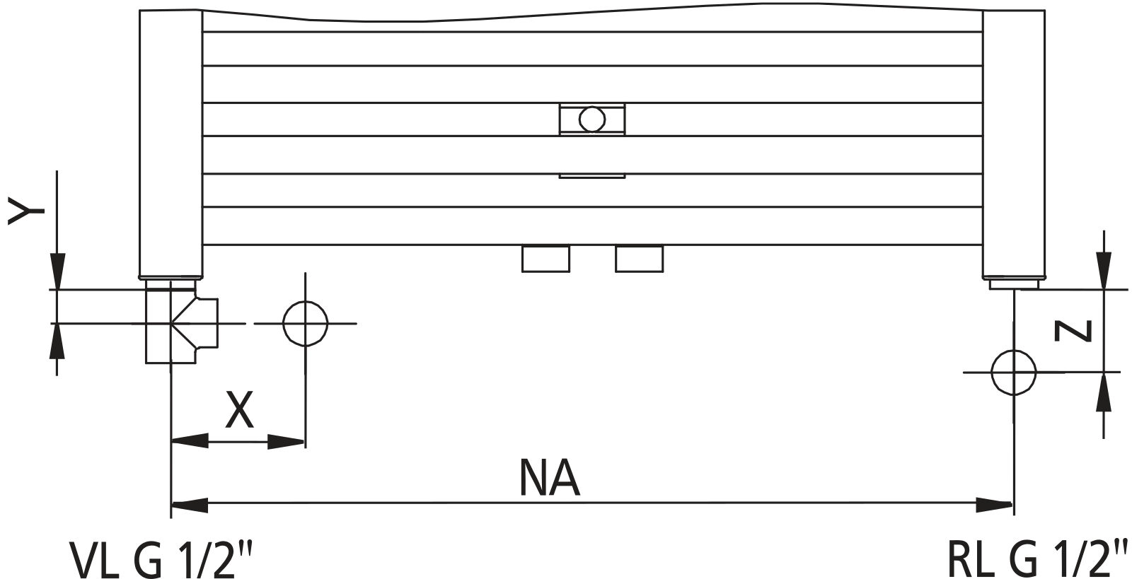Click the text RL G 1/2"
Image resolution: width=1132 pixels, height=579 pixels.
[1036, 559]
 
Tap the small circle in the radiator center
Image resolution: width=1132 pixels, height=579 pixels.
[591, 119]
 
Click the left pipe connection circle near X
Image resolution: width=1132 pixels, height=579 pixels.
[305, 324]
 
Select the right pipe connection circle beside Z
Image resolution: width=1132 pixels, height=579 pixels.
[1013, 372]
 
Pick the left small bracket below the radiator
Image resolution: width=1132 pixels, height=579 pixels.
[545, 259]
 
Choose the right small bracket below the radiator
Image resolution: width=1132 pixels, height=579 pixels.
[639, 259]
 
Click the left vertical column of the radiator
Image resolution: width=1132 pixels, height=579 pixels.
[171, 141]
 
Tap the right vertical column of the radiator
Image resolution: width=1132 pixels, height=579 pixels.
[1013, 141]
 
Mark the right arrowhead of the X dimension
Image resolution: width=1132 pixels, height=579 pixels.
[287, 443]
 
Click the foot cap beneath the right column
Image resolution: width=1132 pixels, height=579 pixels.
[1013, 283]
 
